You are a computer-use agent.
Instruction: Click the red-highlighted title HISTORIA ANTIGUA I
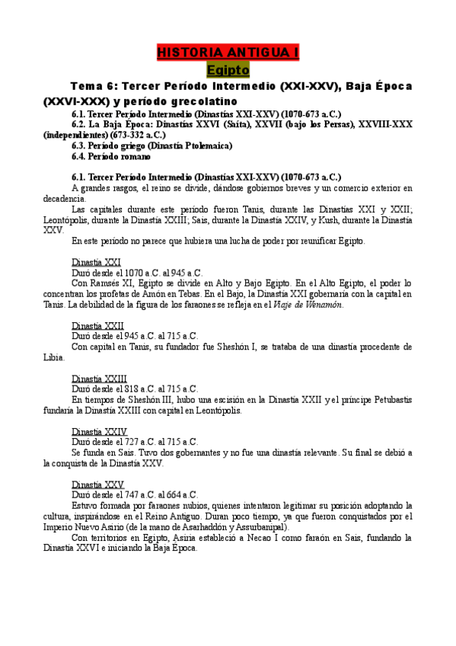pyautogui.click(x=228, y=53)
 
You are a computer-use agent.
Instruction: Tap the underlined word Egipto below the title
pyautogui.click(x=228, y=70)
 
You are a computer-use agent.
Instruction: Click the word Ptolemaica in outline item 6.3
pyautogui.click(x=206, y=146)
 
